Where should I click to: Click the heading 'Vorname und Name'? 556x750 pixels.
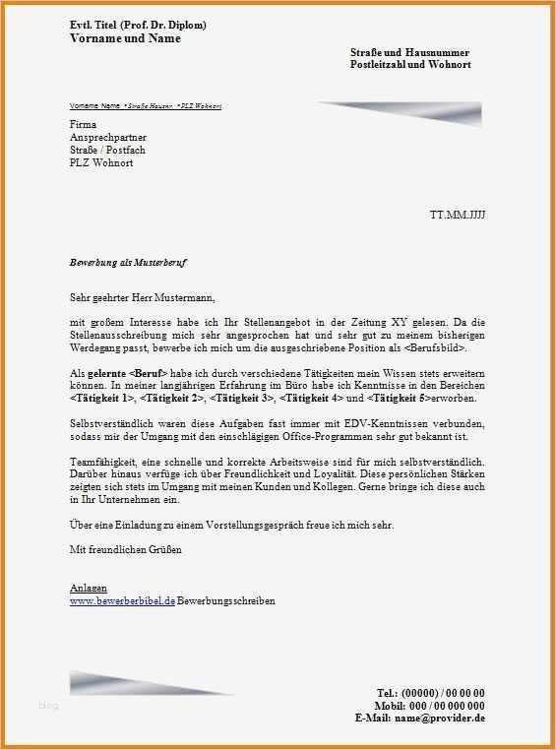[125, 38]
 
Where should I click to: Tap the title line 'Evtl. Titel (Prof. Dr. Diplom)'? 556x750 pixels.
[138, 25]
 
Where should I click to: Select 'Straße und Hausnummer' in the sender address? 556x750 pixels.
[409, 52]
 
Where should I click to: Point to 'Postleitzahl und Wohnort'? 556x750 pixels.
[410, 64]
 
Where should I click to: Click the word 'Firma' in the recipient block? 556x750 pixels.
[84, 125]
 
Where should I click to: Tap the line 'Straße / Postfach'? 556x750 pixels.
[107, 150]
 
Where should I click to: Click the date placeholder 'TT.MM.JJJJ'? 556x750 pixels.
[458, 214]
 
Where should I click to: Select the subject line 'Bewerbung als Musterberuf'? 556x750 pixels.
[128, 264]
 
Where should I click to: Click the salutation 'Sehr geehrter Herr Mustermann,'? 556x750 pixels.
[141, 296]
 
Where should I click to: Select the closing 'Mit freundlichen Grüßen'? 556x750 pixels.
[126, 549]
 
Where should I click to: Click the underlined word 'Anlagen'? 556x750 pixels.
[89, 588]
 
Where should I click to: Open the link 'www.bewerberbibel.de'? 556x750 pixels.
[122, 600]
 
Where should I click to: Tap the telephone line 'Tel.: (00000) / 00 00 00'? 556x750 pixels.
[430, 694]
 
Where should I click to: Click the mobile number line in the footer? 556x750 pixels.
[429, 706]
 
